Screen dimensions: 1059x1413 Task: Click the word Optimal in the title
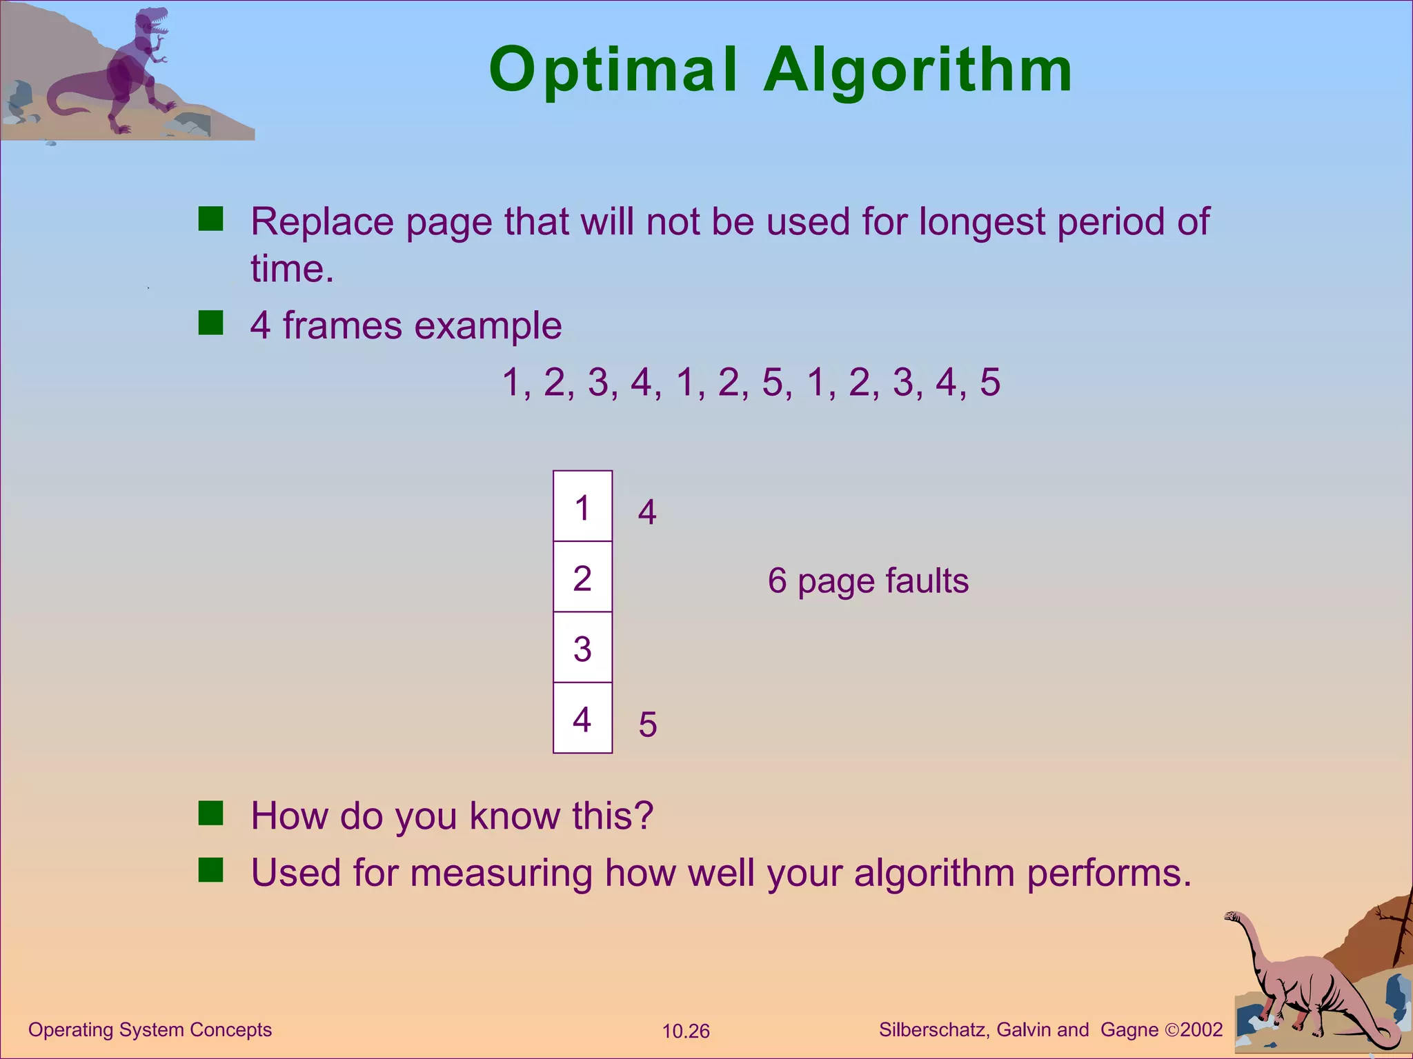point(613,70)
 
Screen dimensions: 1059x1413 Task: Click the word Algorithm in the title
point(918,70)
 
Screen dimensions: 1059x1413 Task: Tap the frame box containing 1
point(582,507)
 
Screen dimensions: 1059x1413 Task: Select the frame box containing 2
point(582,577)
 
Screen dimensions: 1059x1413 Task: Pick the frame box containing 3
point(582,648)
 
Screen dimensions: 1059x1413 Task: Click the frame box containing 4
point(582,718)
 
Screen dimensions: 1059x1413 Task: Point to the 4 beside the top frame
point(647,512)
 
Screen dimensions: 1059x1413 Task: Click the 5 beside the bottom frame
point(647,725)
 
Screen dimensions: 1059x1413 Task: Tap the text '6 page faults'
point(868,581)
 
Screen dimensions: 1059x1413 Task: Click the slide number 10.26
point(686,1031)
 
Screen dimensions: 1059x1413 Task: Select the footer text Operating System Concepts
point(150,1029)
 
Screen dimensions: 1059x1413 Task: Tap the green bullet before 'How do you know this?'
point(210,814)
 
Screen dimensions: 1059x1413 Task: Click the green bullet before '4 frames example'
point(210,323)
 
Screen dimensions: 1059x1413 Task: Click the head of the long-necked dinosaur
point(1233,918)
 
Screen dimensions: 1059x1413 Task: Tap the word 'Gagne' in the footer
point(1129,1029)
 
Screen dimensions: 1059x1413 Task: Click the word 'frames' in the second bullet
point(342,325)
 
